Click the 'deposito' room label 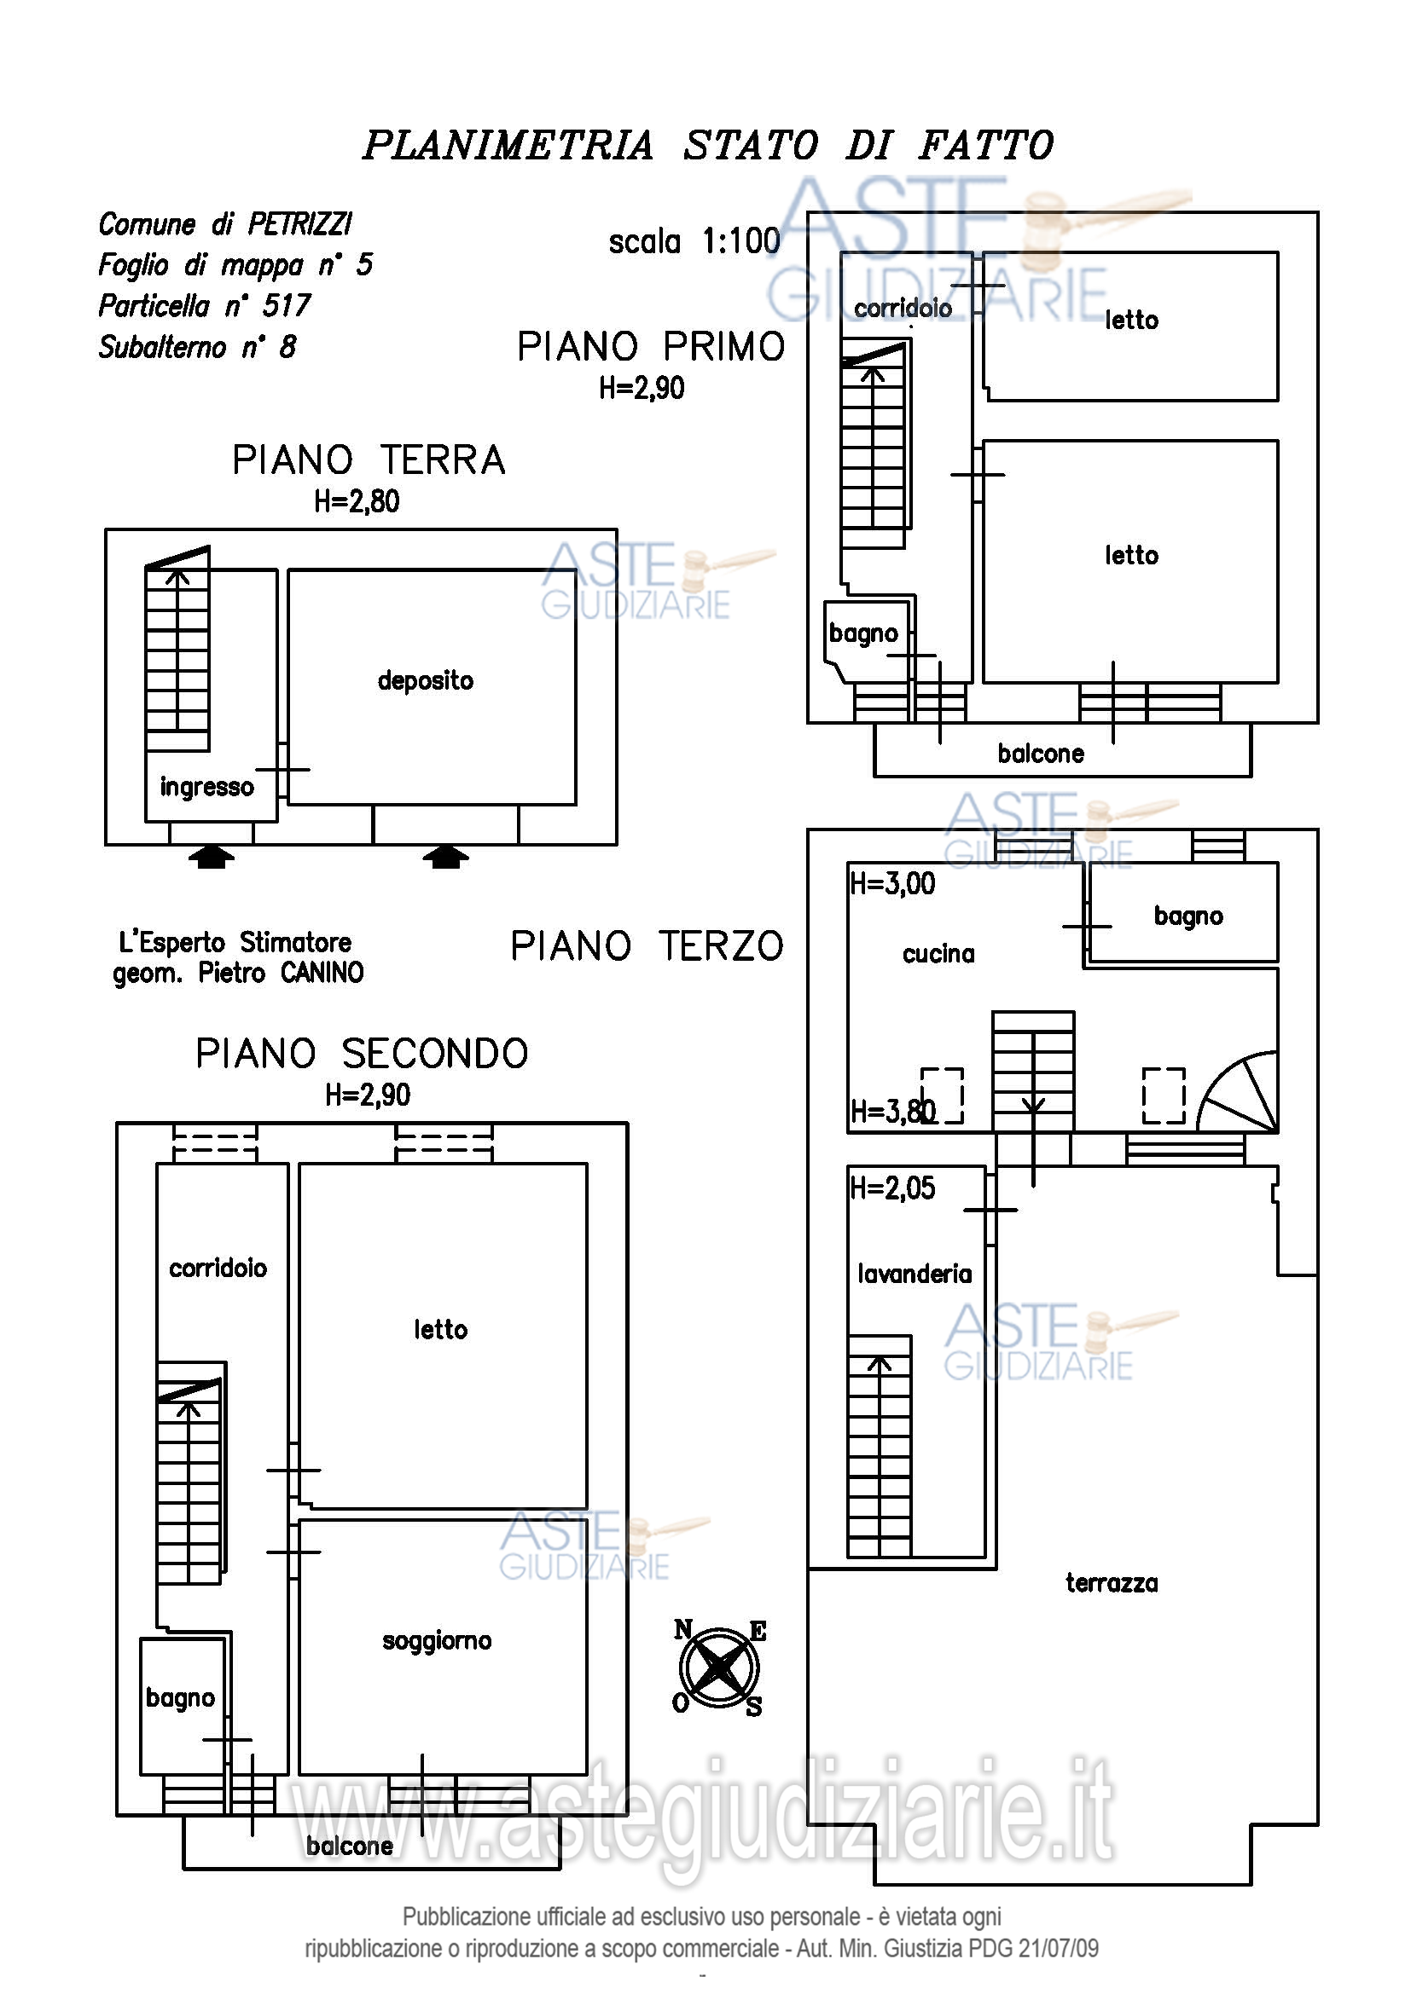click(x=426, y=681)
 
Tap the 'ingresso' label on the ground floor click(x=206, y=788)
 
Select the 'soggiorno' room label click(x=437, y=1640)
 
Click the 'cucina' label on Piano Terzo click(x=938, y=955)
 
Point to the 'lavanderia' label click(x=915, y=1274)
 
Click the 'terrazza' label click(x=1112, y=1583)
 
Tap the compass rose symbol click(x=719, y=1668)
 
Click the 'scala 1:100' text click(x=694, y=241)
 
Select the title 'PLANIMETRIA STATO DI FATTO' click(x=708, y=145)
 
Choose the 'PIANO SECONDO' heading click(x=363, y=1054)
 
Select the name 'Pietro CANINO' click(x=280, y=973)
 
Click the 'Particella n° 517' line click(x=204, y=306)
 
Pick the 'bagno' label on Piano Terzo click(x=1187, y=916)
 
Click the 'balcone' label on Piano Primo click(x=1041, y=754)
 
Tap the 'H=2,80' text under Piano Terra click(x=357, y=501)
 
